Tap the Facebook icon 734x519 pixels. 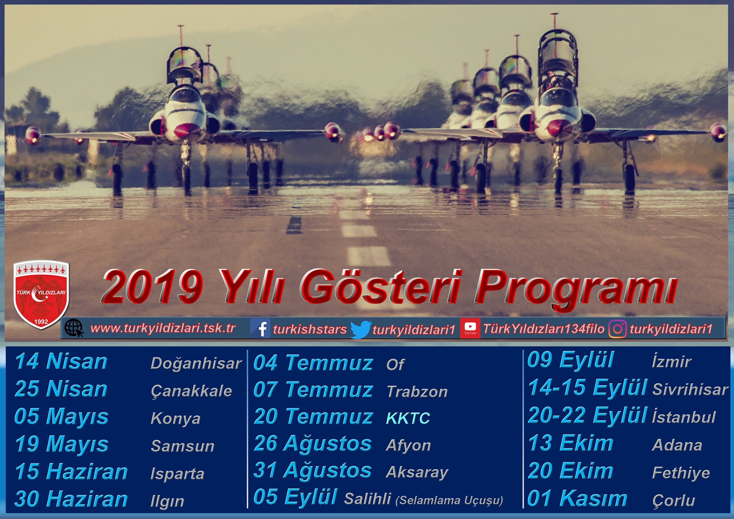tap(261, 328)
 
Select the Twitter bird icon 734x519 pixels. tap(361, 329)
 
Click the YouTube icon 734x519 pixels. tap(470, 328)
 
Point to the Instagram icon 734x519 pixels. tap(618, 329)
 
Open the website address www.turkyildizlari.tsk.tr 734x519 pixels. tap(163, 328)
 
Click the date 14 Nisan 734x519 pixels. tap(61, 361)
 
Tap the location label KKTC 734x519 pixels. tap(408, 418)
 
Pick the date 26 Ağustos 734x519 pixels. tap(313, 444)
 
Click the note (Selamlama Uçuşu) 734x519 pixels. tap(449, 500)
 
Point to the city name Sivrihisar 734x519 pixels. tap(690, 390)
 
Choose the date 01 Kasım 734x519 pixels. tap(577, 498)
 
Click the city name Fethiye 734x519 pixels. tap(681, 473)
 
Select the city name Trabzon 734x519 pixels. tap(417, 392)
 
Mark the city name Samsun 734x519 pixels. tap(183, 446)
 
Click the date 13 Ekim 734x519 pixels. tap(571, 443)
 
